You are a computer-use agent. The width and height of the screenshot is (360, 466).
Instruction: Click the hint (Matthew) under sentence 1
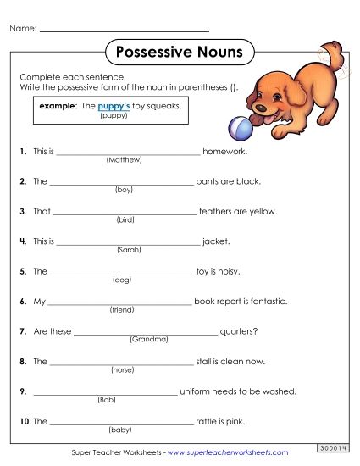pyautogui.click(x=125, y=159)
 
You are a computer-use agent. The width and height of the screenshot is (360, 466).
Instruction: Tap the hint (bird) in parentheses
pyautogui.click(x=125, y=219)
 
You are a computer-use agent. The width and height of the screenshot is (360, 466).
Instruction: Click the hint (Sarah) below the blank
pyautogui.click(x=127, y=250)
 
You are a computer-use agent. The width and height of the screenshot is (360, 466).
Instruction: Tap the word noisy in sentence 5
pyautogui.click(x=228, y=272)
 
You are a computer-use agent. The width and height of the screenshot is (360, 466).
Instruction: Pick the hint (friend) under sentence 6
pyautogui.click(x=122, y=310)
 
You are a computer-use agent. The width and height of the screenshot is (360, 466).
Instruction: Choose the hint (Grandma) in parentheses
pyautogui.click(x=149, y=340)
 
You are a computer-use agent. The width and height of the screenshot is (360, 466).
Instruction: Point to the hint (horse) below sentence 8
pyautogui.click(x=123, y=370)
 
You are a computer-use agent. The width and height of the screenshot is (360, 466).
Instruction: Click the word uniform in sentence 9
pyautogui.click(x=199, y=391)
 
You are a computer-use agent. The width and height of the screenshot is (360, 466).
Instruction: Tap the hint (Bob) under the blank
pyautogui.click(x=106, y=400)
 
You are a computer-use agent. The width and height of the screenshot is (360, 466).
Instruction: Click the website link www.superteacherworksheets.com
pyautogui.click(x=228, y=453)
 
